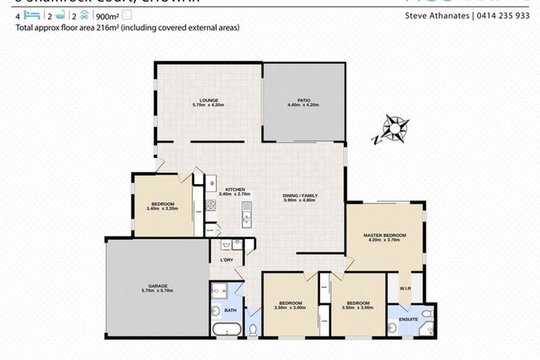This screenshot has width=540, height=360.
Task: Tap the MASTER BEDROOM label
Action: pyautogui.click(x=385, y=236)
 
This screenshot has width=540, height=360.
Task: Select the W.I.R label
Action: pyautogui.click(x=405, y=288)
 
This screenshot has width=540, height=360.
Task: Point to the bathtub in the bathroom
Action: pyautogui.click(x=224, y=330)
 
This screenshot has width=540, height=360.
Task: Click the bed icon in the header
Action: pyautogui.click(x=30, y=15)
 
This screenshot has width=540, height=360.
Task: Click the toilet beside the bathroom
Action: pyautogui.click(x=254, y=329)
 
